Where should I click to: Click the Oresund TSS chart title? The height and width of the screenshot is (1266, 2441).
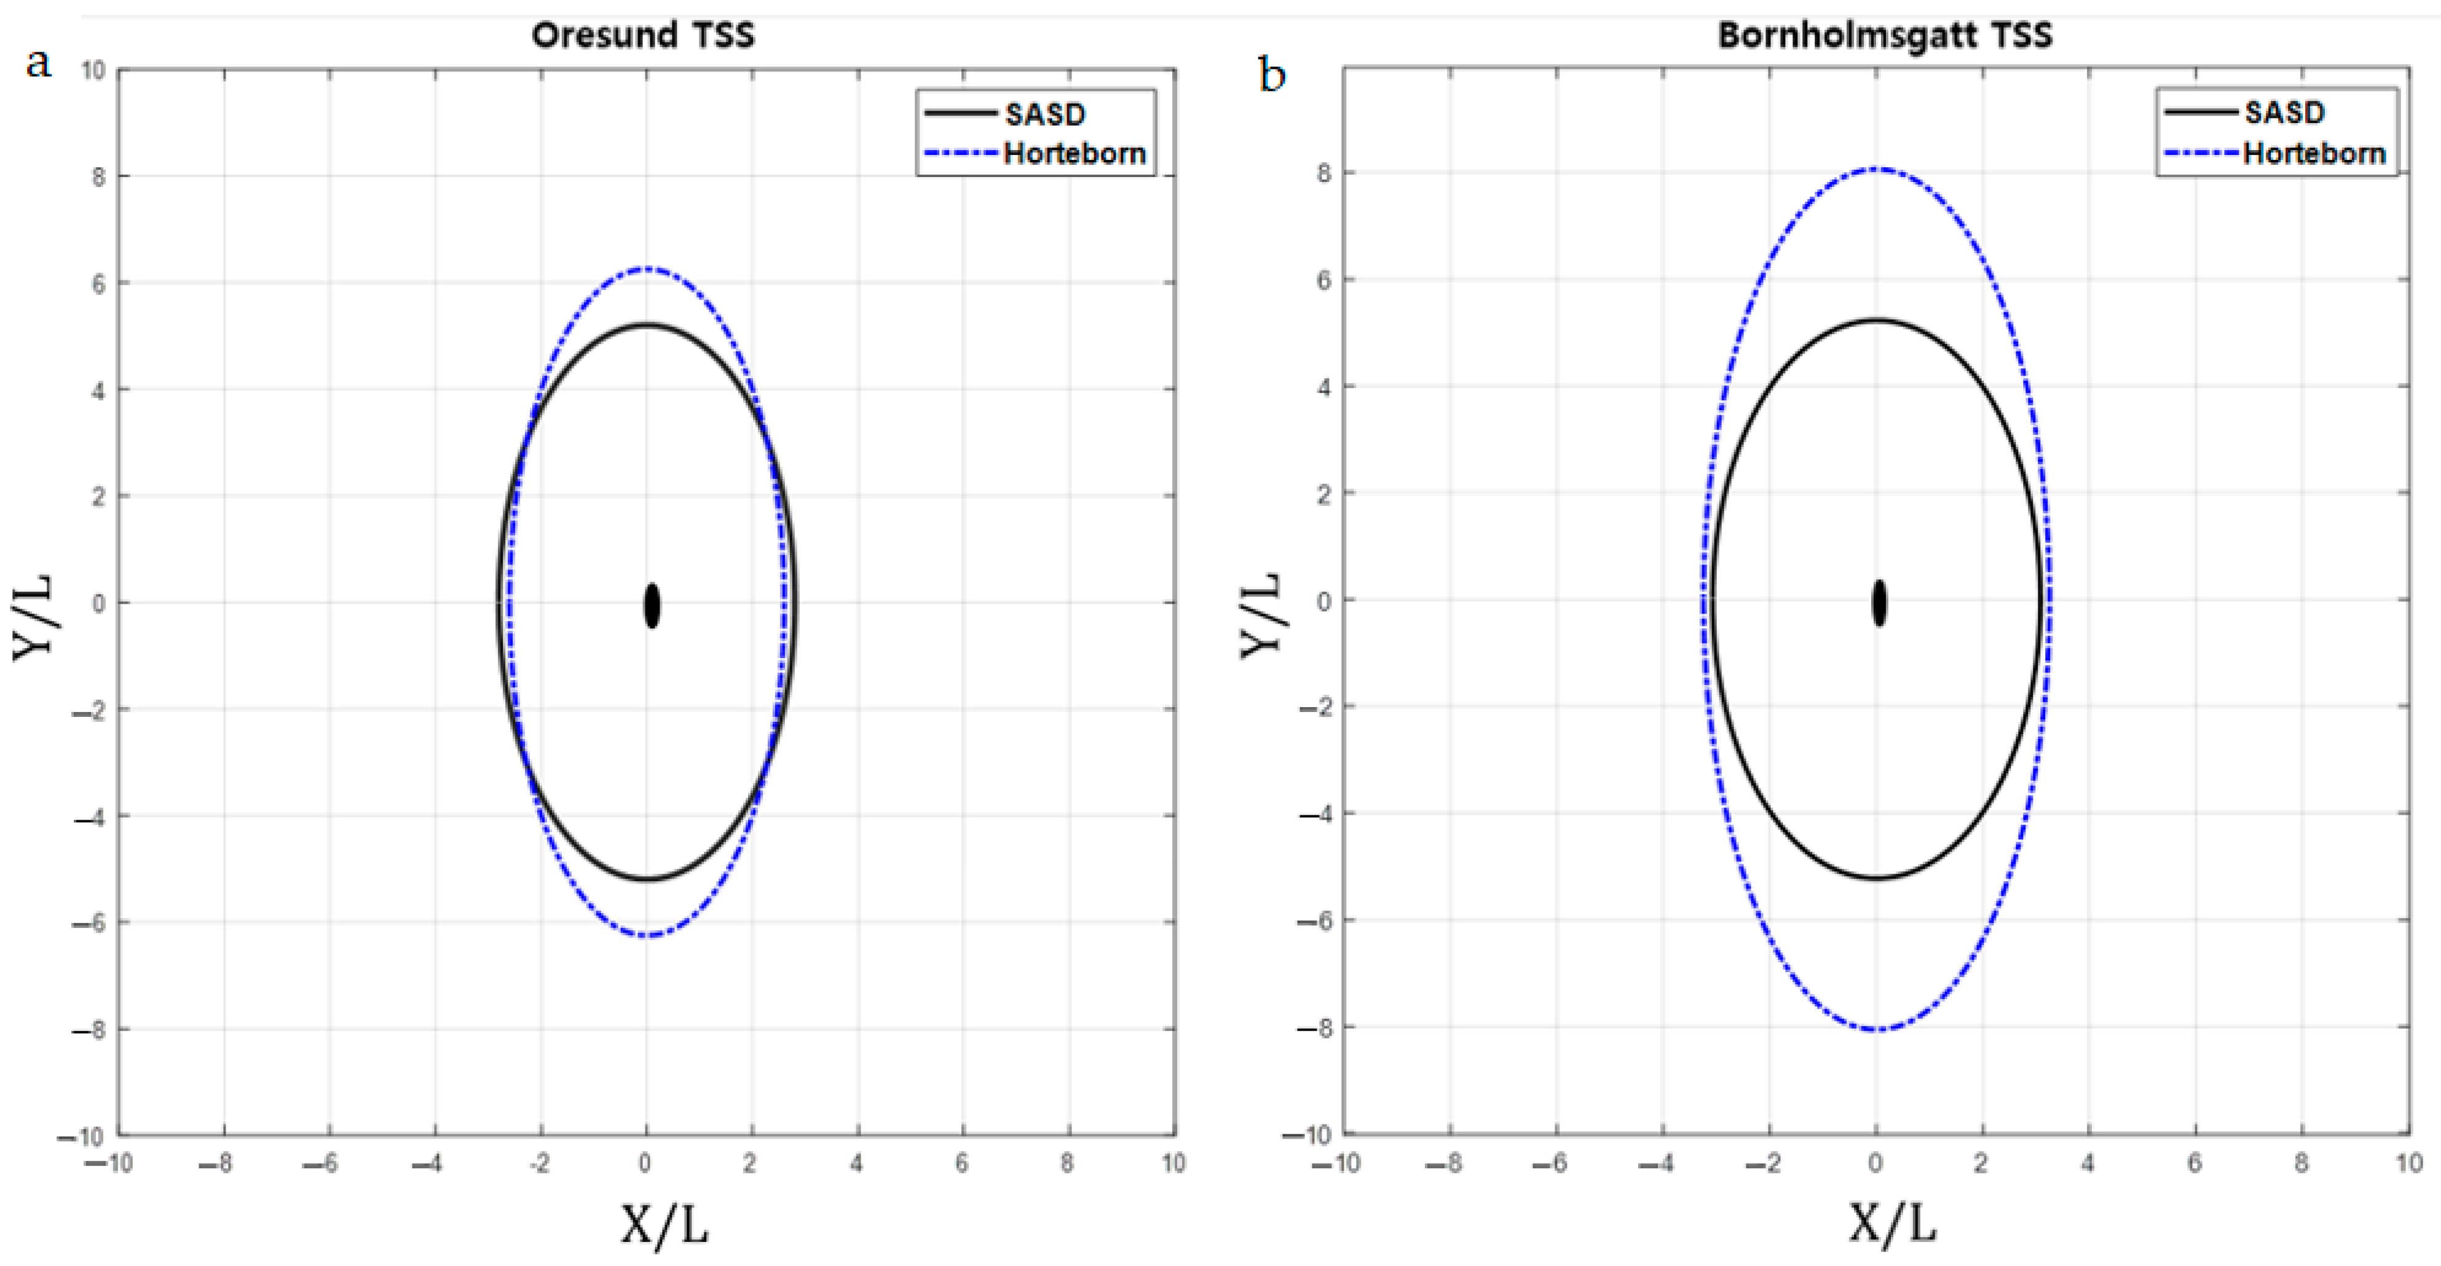[644, 35]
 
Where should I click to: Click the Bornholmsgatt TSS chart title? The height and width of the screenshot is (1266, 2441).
[1885, 35]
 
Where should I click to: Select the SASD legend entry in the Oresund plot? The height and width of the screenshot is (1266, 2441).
[1044, 114]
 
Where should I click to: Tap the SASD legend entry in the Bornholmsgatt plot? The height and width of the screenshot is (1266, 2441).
[2284, 112]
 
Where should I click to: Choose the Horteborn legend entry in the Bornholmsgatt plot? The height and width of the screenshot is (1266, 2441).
[2314, 152]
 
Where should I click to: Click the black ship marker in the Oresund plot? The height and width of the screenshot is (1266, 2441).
[652, 606]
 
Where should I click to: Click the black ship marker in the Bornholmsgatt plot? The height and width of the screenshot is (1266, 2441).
[1879, 603]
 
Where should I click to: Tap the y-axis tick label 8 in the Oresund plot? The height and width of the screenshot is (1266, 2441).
[98, 176]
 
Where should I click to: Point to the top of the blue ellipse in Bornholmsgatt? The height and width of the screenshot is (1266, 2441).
[1877, 170]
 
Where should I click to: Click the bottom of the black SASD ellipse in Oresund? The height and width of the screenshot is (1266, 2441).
[646, 879]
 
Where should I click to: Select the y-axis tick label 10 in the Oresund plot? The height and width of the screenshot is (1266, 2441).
[93, 70]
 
